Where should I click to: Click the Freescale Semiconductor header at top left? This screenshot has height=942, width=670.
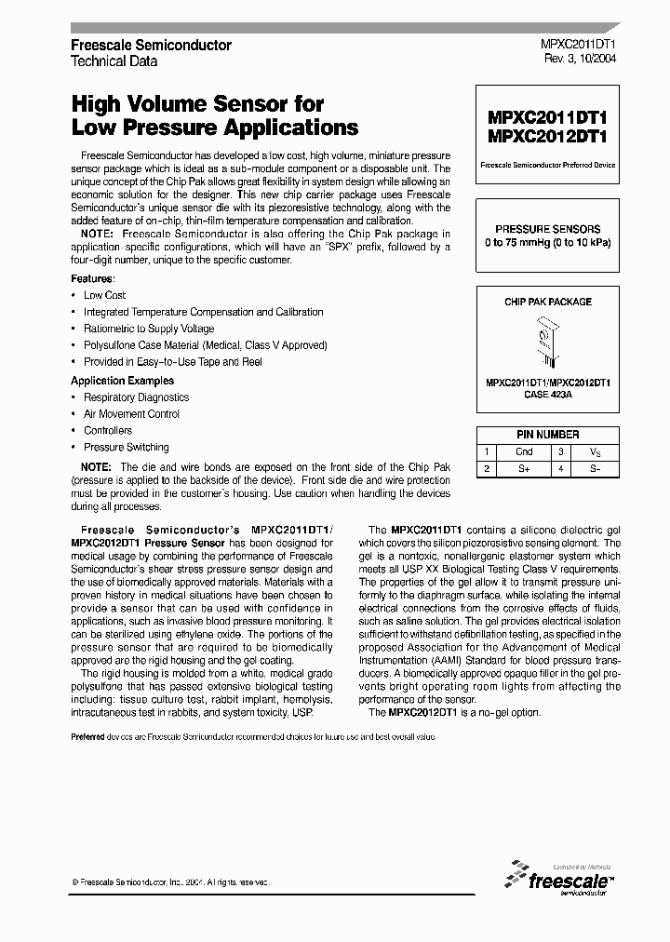pos(152,45)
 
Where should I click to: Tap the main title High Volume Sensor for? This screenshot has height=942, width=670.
pos(197,105)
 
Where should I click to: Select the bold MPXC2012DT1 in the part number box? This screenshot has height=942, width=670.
pos(547,136)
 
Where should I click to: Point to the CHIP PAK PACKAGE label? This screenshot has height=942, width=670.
pos(547,302)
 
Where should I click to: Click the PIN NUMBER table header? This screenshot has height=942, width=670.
pos(547,435)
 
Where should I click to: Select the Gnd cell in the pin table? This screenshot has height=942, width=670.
pos(525,451)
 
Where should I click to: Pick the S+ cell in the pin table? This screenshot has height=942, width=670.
pos(525,469)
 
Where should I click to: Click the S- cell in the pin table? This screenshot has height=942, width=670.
pos(596,469)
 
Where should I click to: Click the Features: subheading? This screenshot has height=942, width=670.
pos(93,279)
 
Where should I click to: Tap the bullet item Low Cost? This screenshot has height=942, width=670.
pos(104,295)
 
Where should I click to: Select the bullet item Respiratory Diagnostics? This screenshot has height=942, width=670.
pos(136,397)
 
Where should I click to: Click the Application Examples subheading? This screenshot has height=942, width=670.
pos(122,381)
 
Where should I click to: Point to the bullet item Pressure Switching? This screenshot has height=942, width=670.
pos(126,448)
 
